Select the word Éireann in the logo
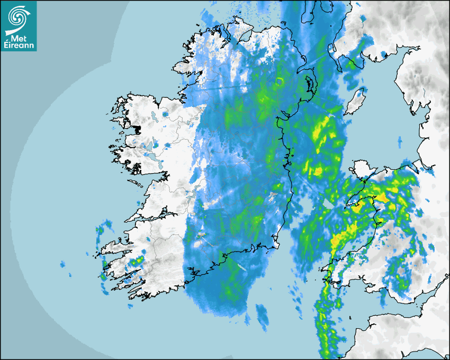tap(20, 44)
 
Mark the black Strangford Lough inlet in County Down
tap(309, 85)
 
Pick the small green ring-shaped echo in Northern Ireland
tap(280, 81)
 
